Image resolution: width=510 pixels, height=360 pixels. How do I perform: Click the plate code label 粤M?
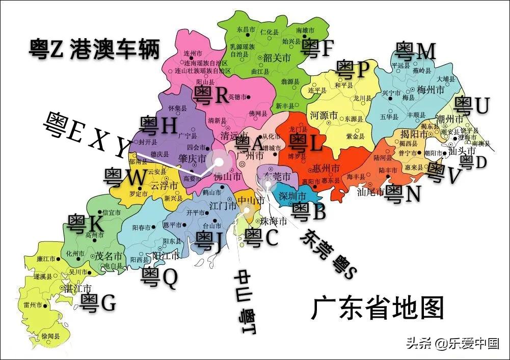pos(416,51)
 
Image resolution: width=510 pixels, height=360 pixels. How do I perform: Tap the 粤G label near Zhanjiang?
pos(98,302)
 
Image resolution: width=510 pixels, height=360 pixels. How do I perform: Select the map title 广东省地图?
pos(378,308)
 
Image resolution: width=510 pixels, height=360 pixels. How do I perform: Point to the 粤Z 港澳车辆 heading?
pos(94,49)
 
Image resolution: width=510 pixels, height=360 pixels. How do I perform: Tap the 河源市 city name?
pos(324,115)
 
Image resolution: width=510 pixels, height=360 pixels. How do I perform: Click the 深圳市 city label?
pos(291,196)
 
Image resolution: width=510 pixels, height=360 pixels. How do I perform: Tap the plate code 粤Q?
pos(159,276)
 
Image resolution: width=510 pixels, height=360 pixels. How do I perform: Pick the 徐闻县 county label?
pos(50,337)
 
